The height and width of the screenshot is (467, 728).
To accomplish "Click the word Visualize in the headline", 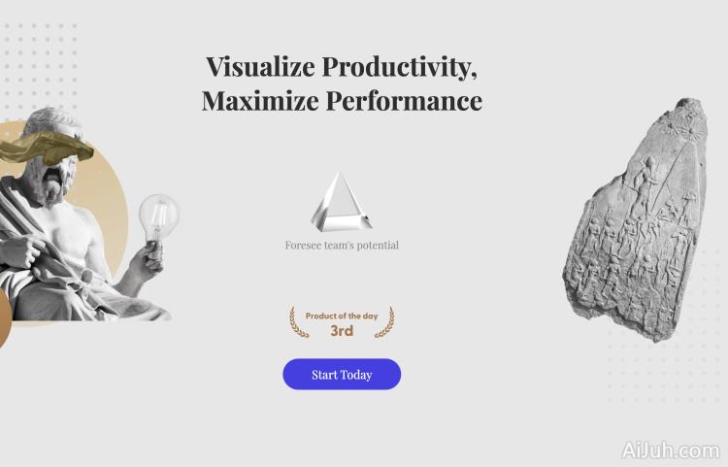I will pos(260,67).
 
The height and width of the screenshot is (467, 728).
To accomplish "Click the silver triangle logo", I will pos(341,201).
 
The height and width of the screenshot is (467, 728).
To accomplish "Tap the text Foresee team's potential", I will pos(342,246).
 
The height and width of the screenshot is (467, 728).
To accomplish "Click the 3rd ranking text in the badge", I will pos(342,331).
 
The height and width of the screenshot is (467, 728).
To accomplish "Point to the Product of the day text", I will pos(342,317).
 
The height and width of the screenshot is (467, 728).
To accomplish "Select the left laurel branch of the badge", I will pos(299,323).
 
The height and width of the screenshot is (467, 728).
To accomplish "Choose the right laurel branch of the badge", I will pos(384,323).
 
